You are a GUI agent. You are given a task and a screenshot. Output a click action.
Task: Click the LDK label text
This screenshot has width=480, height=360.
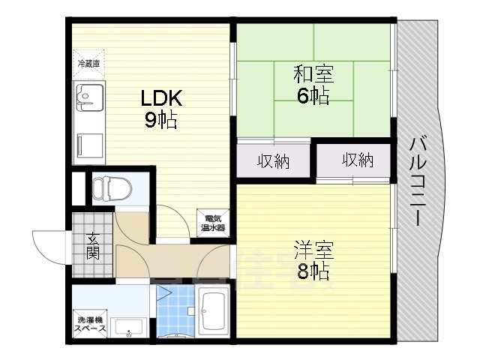(x=160, y=98)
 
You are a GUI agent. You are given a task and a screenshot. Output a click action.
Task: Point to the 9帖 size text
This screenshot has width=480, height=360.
(x=160, y=119)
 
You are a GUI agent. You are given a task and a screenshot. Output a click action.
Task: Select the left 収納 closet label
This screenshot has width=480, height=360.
(x=274, y=161)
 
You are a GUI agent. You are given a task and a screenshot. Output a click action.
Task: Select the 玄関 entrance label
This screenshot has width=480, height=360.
(x=94, y=245)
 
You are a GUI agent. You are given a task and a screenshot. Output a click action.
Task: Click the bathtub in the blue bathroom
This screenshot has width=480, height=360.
(x=216, y=309)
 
